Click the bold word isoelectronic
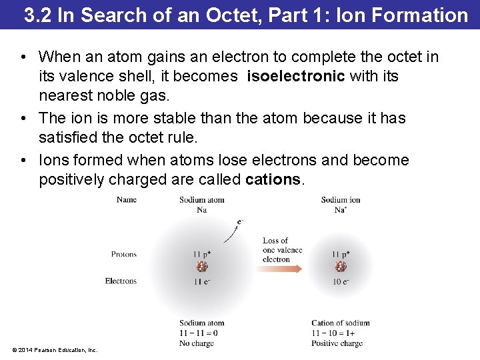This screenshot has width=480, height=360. [x=295, y=76]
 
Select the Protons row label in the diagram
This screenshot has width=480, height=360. [x=123, y=254]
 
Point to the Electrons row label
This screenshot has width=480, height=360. [x=121, y=281]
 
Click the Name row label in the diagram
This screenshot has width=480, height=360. [x=126, y=199]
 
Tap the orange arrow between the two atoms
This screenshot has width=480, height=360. [x=278, y=268]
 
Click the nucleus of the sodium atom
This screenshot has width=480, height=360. [x=202, y=267]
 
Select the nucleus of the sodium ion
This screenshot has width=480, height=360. [x=341, y=267]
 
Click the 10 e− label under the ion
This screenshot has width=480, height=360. [x=341, y=282]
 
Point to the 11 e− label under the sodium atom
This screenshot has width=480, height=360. [x=202, y=282]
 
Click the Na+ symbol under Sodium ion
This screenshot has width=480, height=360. [x=341, y=209]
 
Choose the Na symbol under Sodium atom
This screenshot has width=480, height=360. [x=202, y=209]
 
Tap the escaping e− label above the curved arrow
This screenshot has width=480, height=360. [x=240, y=222]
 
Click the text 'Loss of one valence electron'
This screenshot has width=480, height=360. [x=282, y=250]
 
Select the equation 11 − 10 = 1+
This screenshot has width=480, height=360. [x=333, y=333]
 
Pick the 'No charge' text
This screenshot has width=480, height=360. [x=196, y=343]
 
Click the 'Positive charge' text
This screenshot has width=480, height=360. [x=337, y=343]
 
